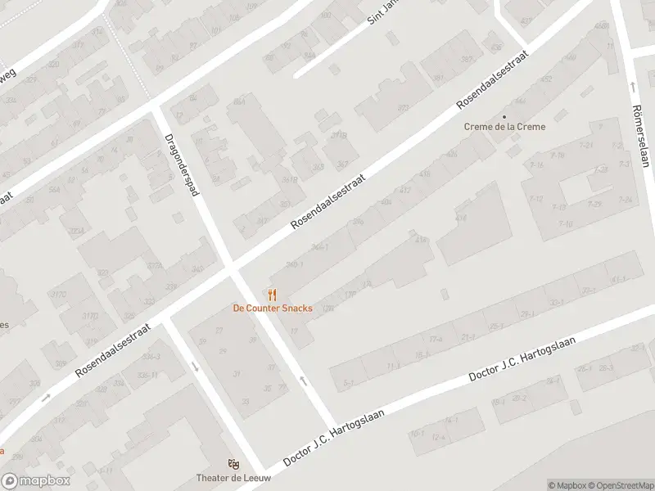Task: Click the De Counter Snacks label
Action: (x=272, y=309)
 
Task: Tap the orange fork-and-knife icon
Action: (x=273, y=295)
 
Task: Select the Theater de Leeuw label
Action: (x=233, y=478)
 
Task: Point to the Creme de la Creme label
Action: (x=504, y=127)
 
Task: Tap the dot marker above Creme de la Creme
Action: (x=504, y=116)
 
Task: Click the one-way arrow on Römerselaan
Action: (x=632, y=86)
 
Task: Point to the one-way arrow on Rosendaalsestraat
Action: (x=47, y=397)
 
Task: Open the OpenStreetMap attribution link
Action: (x=620, y=485)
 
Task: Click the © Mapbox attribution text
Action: (x=567, y=485)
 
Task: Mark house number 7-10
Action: (x=564, y=223)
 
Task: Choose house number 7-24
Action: (x=626, y=200)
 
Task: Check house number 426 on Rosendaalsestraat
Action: (x=451, y=154)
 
